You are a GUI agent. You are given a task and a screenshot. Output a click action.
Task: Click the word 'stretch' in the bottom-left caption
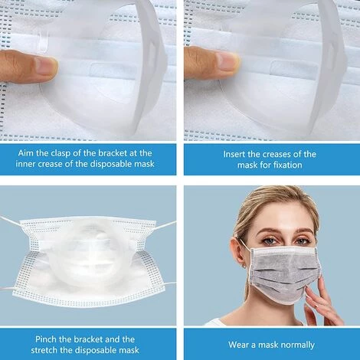(x=44, y=350)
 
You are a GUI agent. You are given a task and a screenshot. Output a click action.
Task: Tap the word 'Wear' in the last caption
(x=238, y=345)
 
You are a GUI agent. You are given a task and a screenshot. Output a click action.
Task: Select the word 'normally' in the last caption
(x=299, y=345)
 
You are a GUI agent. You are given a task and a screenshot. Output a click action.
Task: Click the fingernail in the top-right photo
(x=228, y=61)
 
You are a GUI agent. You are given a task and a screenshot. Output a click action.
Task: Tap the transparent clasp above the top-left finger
(x=42, y=41)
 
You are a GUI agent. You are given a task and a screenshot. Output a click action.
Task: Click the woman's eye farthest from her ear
(x=301, y=241)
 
